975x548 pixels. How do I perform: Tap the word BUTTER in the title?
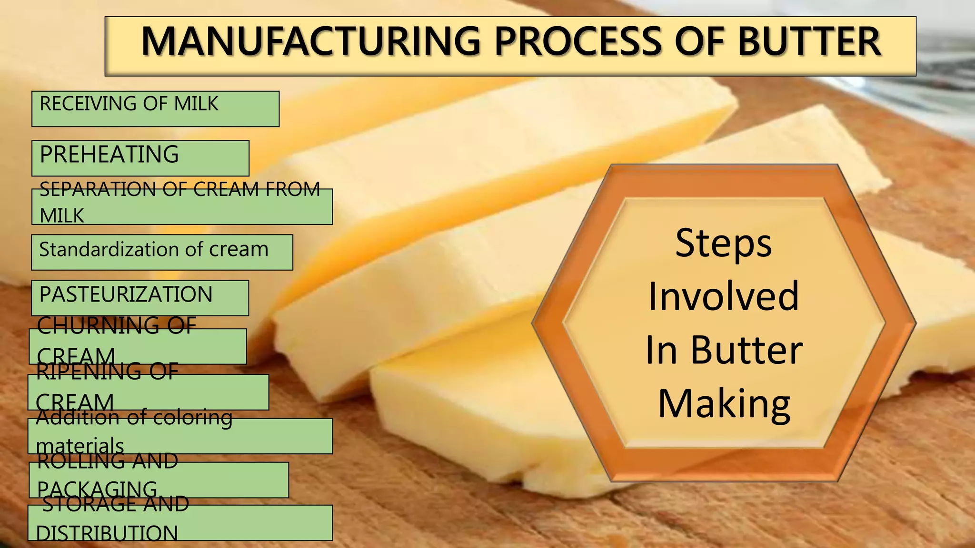(x=809, y=41)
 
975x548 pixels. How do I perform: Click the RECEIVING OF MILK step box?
(x=155, y=108)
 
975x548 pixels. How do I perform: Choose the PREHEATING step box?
(x=140, y=157)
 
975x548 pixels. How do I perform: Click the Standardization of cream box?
(x=162, y=252)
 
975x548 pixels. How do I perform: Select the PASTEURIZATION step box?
(x=140, y=297)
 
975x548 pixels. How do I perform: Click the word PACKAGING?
(x=97, y=489)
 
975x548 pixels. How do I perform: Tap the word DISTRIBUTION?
(x=107, y=533)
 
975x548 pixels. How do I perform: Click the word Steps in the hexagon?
(x=724, y=244)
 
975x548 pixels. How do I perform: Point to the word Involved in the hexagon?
(x=724, y=296)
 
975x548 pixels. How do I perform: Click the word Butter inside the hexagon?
(x=746, y=351)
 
